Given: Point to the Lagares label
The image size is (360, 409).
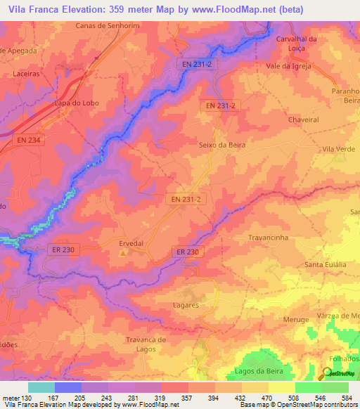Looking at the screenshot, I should (x=186, y=306).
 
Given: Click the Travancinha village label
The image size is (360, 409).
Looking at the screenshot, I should (x=269, y=238).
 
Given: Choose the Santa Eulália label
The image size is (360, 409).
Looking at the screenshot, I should (x=325, y=264).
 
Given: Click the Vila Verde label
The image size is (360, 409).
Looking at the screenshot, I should (x=338, y=149).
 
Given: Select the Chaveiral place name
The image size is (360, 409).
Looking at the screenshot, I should (x=303, y=119).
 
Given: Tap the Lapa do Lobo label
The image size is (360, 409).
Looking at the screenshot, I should (x=77, y=103).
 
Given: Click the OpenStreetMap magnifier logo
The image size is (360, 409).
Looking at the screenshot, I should (x=328, y=375).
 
